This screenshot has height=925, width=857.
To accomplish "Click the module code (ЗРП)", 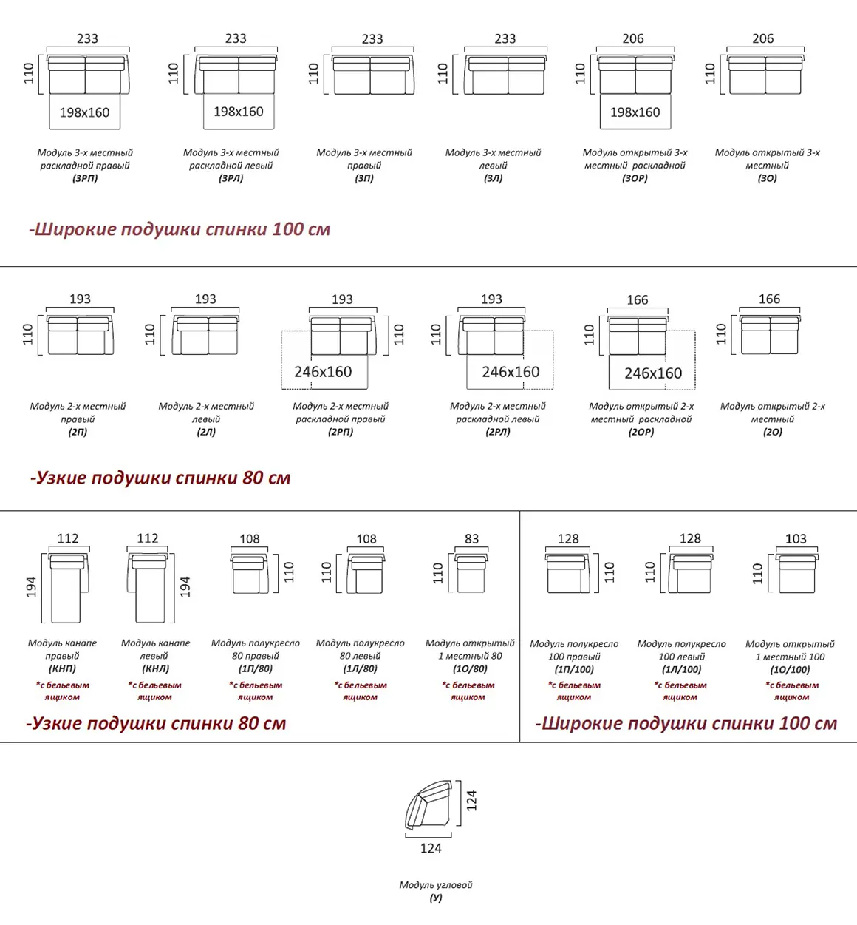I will coord(85,178).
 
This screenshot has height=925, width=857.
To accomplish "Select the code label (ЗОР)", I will coord(635,178).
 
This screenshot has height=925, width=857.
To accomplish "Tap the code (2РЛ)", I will coord(498,432).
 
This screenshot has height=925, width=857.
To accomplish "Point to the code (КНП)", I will coord(62,668).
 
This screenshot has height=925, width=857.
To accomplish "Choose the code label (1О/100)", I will coord(790,669).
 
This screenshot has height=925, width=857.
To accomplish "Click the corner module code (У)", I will coord(436,898).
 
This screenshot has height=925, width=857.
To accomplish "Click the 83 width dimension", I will coord(471,539).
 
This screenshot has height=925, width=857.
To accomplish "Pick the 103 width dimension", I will coord(796,539).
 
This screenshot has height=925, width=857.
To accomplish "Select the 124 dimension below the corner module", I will coord(431,848).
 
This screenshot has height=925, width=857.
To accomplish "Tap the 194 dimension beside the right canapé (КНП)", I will coord(31,587).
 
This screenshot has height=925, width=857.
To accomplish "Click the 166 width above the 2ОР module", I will coord(637,299).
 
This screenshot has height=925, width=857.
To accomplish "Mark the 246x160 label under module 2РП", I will coord(323,372).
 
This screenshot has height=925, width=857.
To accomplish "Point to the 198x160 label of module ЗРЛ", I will coord(238,112).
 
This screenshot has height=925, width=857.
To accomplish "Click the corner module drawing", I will coord(428,806).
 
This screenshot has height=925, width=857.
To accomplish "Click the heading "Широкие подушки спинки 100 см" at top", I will coord(180,229).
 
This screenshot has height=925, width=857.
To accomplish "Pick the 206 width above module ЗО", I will coord(762,38).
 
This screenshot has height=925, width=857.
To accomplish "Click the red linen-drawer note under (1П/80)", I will coord(256,691).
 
